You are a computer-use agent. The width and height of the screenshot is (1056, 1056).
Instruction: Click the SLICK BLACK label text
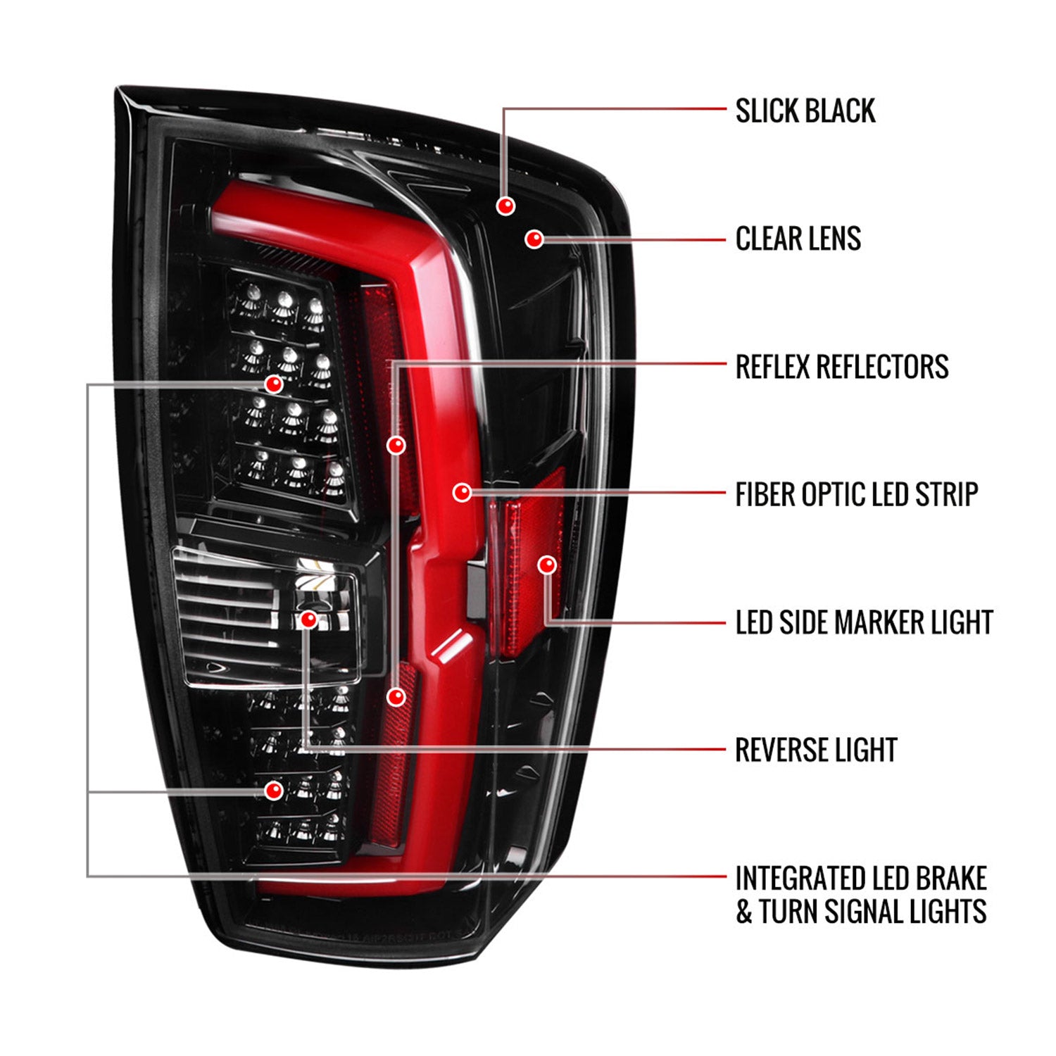805,111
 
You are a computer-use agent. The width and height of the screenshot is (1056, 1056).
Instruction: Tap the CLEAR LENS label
798,239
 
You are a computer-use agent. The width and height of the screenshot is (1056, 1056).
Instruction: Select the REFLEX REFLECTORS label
841,367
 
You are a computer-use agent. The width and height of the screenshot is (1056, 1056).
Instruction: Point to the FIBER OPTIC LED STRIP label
856,494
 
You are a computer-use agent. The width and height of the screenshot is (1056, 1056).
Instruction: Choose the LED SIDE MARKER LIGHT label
864,622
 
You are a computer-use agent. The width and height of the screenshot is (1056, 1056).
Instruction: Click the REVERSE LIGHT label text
815,750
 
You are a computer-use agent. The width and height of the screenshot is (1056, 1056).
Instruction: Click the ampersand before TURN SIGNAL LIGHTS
744,912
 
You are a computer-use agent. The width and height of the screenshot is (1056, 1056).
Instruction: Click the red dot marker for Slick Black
505,206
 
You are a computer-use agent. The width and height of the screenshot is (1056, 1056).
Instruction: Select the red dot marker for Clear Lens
534,239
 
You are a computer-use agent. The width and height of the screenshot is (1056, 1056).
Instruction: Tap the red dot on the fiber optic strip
462,492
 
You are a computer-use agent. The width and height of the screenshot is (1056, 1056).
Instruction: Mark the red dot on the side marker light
547,565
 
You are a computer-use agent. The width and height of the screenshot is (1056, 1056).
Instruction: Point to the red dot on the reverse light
308,620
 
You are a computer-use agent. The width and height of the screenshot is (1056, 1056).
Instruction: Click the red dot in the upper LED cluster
274,384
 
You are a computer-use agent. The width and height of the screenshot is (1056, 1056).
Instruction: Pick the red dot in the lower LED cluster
274,790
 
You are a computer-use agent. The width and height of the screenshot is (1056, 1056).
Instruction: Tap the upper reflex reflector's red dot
396,444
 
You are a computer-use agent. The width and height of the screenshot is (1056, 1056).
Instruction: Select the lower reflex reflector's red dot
396,696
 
